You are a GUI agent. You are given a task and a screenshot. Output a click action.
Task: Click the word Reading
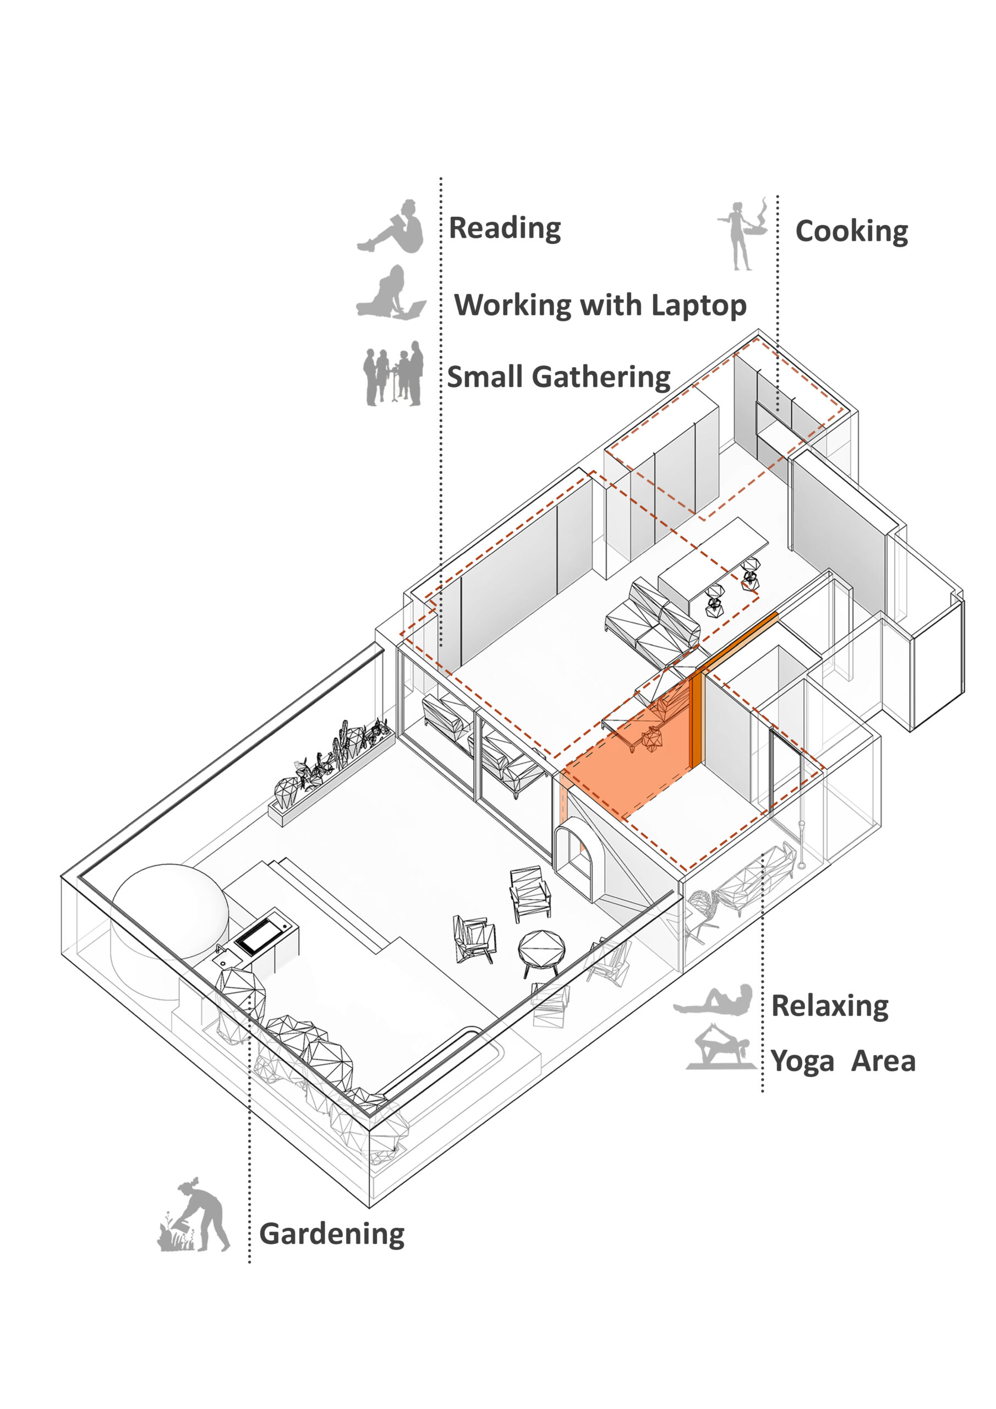(505, 228)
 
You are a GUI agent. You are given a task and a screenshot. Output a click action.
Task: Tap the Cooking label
(851, 231)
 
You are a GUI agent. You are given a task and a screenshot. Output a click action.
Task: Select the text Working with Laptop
(600, 305)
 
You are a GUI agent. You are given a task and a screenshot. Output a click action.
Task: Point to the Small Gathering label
(559, 377)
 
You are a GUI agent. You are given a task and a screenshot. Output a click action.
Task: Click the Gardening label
(332, 1234)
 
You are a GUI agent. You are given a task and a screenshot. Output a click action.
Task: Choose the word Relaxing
(829, 1006)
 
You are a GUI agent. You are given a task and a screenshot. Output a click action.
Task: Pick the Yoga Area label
(842, 1061)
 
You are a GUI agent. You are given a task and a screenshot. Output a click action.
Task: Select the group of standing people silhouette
(393, 374)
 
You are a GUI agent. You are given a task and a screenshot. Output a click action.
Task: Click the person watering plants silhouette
(195, 1216)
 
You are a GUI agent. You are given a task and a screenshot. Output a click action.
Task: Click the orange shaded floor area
(632, 767)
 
